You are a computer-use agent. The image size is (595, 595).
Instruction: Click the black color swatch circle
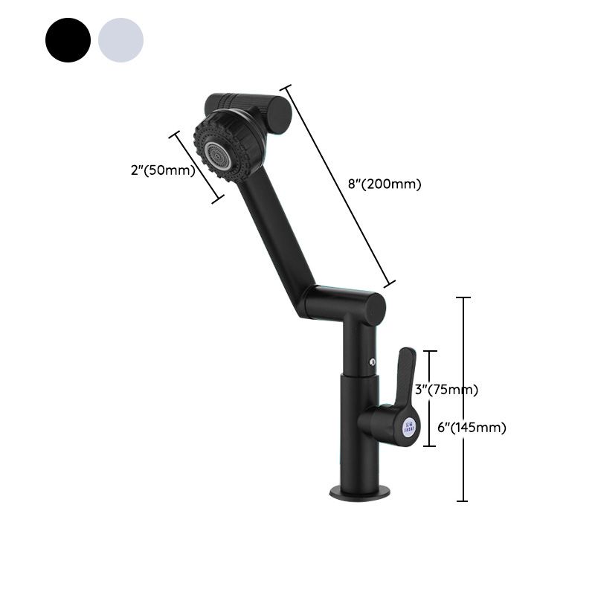[68, 40]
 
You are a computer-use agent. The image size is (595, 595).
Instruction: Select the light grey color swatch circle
[120, 40]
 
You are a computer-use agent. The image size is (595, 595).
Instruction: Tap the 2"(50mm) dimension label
[162, 170]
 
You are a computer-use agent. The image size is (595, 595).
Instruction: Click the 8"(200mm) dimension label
[385, 184]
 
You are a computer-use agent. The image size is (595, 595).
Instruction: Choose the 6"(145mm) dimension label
[472, 428]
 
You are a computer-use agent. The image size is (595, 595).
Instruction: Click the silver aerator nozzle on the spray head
[217, 154]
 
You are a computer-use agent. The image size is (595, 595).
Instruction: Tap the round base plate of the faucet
[360, 492]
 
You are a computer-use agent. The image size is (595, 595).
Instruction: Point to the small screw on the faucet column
[372, 362]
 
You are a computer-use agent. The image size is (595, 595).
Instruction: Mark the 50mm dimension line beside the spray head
[197, 167]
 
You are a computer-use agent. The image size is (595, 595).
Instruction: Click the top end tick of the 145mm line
[463, 297]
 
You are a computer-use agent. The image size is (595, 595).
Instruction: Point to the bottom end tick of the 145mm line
[463, 501]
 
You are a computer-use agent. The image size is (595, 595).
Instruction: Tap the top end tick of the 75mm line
[430, 351]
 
